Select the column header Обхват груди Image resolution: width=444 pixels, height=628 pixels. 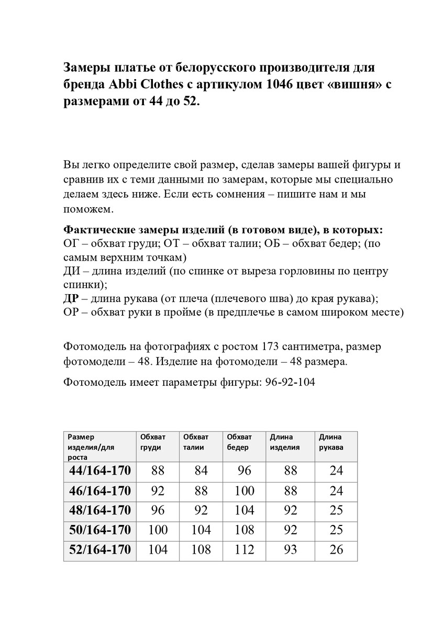pyautogui.click(x=152, y=442)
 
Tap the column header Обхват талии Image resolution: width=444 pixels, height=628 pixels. pyautogui.click(x=196, y=442)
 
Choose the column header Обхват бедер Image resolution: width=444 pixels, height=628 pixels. pyautogui.click(x=239, y=442)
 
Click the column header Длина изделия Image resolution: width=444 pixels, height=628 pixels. pyautogui.click(x=285, y=442)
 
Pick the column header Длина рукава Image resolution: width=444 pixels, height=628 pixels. pyautogui.click(x=331, y=442)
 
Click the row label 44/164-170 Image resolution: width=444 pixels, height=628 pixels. pyautogui.click(x=99, y=470)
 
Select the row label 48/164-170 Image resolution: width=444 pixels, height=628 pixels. pyautogui.click(x=99, y=510)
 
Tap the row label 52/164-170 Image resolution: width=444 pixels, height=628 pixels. pyautogui.click(x=99, y=550)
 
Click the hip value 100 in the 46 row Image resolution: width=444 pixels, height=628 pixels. pyautogui.click(x=245, y=491)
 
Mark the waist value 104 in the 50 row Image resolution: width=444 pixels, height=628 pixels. pyautogui.click(x=201, y=530)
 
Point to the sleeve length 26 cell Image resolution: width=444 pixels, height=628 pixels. pyautogui.click(x=337, y=550)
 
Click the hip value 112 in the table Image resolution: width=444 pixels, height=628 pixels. pyautogui.click(x=245, y=550)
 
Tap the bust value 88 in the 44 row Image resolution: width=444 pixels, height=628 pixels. pyautogui.click(x=158, y=470)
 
